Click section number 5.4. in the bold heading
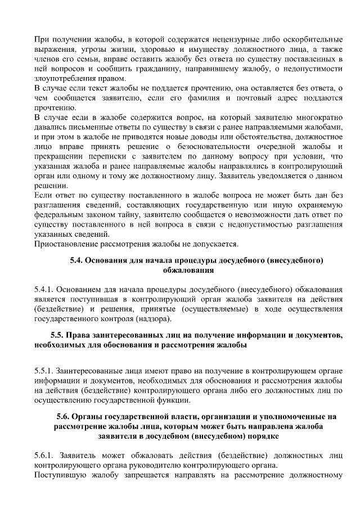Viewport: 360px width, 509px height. pos(76,260)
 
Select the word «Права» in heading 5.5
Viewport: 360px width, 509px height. pos(79,336)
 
